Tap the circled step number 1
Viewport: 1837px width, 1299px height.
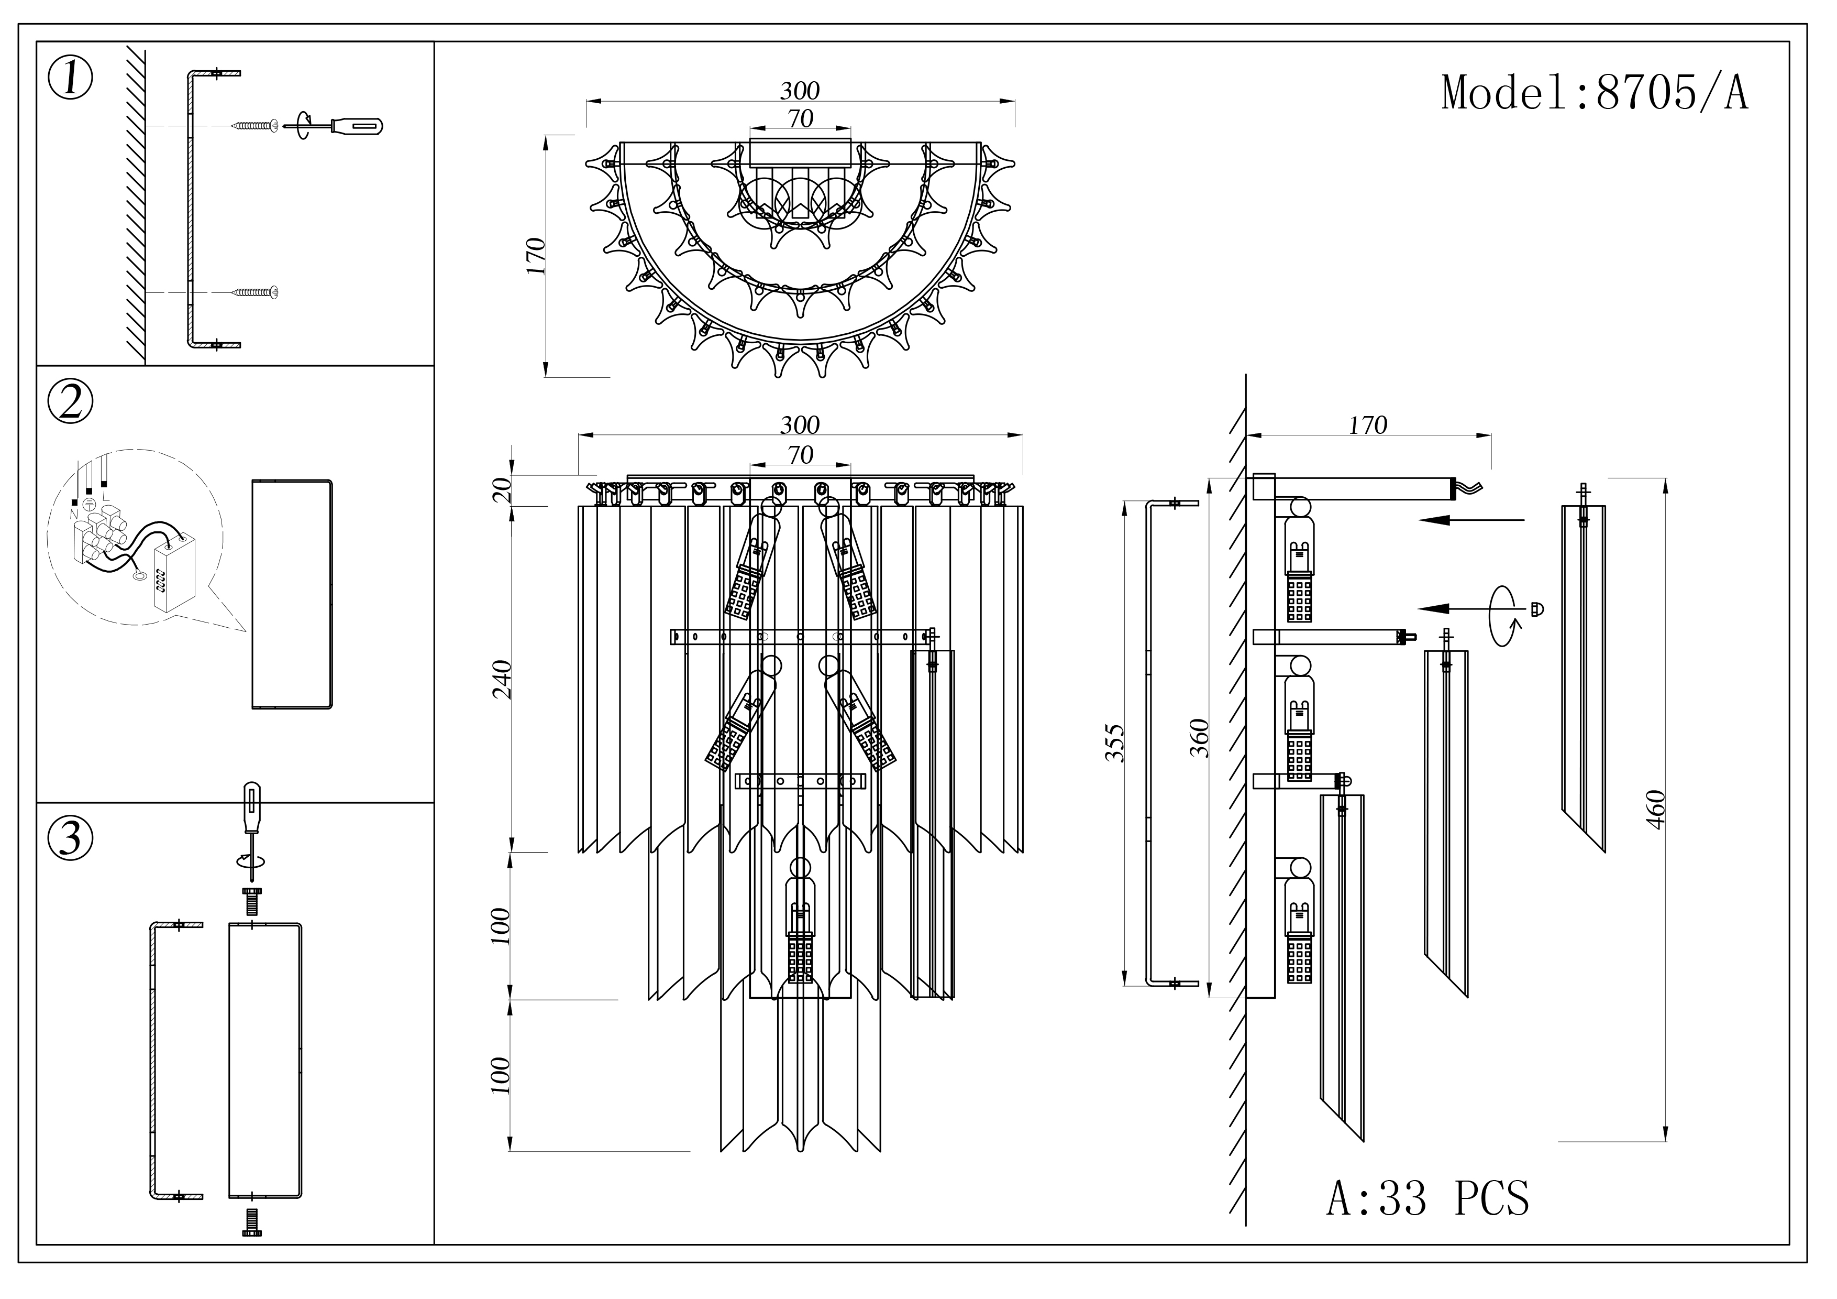coord(70,79)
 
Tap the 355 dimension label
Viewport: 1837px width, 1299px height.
coord(1114,743)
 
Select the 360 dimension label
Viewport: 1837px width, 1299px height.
coord(1199,738)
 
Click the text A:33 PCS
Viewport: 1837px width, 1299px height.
coord(1427,1198)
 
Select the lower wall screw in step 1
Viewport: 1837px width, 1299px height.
coord(256,292)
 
